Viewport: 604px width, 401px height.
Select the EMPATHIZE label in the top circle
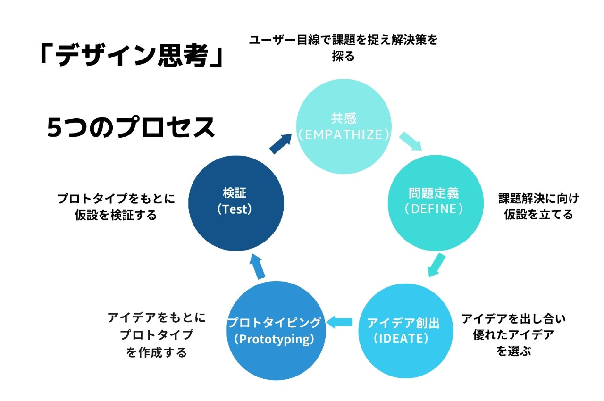click(x=344, y=134)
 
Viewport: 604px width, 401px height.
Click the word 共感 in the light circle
click(x=344, y=118)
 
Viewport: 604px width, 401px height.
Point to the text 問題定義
click(x=434, y=193)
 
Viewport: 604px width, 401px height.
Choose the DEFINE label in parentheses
click(x=434, y=209)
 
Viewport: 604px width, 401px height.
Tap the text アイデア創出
click(x=403, y=323)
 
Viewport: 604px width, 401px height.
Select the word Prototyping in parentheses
click(x=274, y=339)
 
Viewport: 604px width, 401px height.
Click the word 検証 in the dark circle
click(x=235, y=192)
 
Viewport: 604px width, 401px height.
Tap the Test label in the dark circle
click(x=235, y=209)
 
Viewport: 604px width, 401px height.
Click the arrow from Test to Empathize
click(x=281, y=143)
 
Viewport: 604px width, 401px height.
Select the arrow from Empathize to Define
click(x=411, y=142)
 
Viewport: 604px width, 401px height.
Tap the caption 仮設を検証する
click(x=116, y=216)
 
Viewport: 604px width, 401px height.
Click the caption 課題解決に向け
click(x=538, y=199)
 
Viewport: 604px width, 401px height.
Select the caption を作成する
click(x=157, y=352)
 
